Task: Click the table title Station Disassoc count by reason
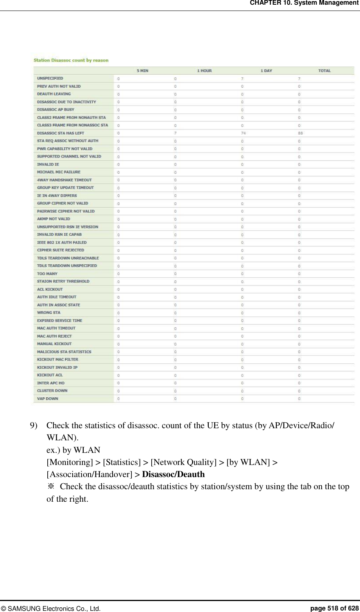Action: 71,60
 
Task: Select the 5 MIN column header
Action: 142,71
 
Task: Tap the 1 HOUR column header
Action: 204,71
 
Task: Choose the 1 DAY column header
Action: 266,71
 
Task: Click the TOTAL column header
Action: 324,71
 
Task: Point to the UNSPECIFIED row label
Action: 50,78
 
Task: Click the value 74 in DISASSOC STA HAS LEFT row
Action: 243,133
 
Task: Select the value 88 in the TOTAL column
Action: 300,133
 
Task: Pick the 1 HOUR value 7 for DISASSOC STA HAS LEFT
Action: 175,133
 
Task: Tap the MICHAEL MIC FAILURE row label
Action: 59,172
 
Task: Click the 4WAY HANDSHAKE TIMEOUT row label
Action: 64,180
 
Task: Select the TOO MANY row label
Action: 47,273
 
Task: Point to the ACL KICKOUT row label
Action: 50,289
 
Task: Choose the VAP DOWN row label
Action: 47,398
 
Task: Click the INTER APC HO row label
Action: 51,383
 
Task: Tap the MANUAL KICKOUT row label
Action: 54,344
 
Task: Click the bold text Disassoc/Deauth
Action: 173,474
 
